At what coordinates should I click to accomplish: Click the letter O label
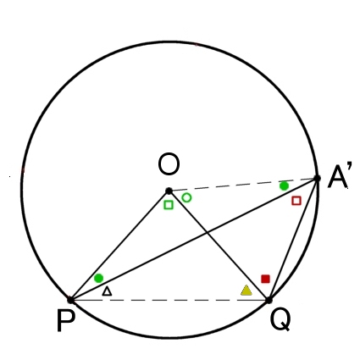point(169,164)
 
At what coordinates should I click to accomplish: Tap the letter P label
point(66,320)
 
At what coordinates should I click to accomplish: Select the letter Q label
point(280,319)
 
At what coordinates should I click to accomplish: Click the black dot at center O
point(169,191)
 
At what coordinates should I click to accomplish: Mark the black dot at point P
point(70,300)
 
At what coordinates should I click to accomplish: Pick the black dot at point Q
point(269,300)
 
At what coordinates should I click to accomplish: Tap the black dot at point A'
point(317,178)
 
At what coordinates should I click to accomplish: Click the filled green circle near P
point(98,278)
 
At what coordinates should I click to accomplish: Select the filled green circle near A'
point(284,186)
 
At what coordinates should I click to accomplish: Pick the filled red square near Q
point(265,279)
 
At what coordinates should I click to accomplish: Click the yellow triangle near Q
point(246,291)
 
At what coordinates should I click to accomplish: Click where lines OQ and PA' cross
point(208,232)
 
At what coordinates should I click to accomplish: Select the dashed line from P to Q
point(169,300)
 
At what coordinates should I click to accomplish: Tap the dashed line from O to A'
point(243,185)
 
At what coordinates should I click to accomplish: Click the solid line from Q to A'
point(293,239)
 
